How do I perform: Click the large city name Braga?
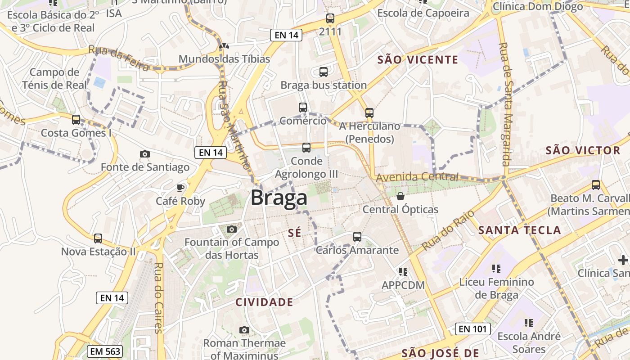[x=279, y=198]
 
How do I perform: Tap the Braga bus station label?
[x=324, y=85]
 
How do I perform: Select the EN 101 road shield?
[x=473, y=329]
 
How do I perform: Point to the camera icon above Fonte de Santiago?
[x=145, y=154]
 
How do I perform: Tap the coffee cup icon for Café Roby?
[x=180, y=188]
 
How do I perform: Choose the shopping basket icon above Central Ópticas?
[x=400, y=196]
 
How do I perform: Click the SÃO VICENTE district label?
[x=418, y=60]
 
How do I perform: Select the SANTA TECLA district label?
[x=519, y=230]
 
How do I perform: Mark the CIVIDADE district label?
[x=264, y=302]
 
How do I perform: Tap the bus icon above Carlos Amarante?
[x=357, y=236]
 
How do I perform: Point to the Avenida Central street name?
[x=417, y=177]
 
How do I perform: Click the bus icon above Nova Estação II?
[x=98, y=238]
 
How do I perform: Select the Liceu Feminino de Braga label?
[x=496, y=288]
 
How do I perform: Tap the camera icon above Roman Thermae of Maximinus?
[x=244, y=330]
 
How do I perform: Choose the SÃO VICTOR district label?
[x=583, y=151]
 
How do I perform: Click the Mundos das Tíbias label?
[x=224, y=59]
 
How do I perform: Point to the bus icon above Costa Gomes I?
[x=76, y=120]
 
